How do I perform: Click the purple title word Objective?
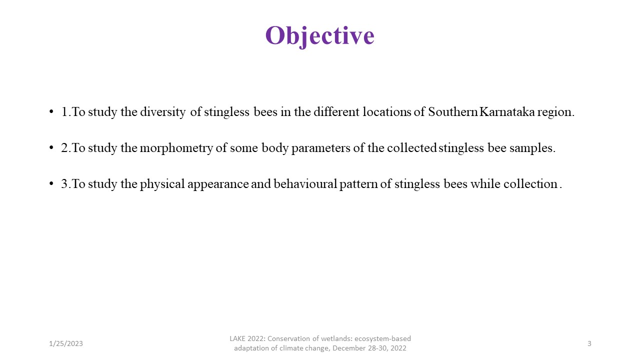[319, 36]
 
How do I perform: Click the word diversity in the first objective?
[162, 112]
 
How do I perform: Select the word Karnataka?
[507, 111]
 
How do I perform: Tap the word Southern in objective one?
[453, 111]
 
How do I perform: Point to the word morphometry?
[176, 148]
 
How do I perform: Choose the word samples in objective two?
[532, 148]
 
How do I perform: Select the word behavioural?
[305, 183]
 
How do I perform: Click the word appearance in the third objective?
[218, 184]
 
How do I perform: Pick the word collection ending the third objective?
[530, 183]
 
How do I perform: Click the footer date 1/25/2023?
[65, 343]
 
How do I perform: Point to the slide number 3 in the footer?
[589, 343]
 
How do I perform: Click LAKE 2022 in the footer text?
[247, 338]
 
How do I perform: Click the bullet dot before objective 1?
[51, 111]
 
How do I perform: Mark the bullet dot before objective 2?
[51, 147]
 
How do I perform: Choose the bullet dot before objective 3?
[51, 183]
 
